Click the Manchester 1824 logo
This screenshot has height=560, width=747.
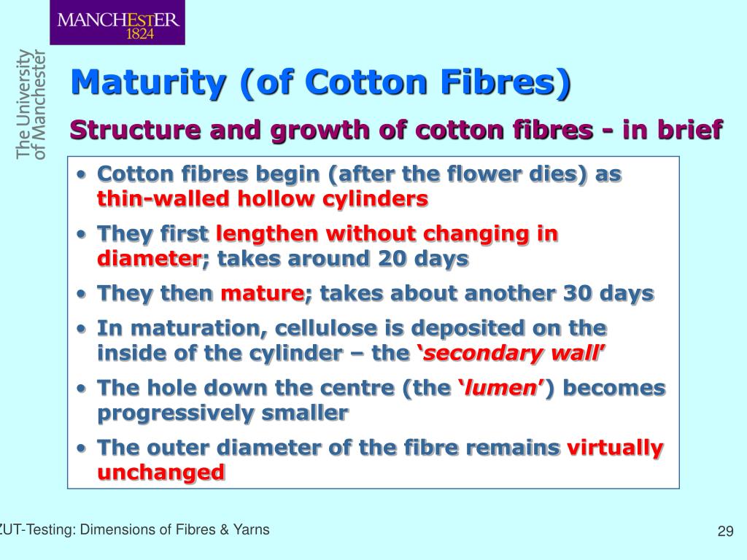[x=117, y=23]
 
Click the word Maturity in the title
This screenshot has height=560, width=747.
[x=147, y=82]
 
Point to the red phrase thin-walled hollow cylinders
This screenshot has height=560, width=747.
[x=263, y=199]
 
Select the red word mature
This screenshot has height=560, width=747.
[x=263, y=294]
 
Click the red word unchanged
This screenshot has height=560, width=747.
[x=160, y=472]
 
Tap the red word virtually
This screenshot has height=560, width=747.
[x=615, y=447]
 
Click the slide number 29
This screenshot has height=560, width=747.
[x=724, y=531]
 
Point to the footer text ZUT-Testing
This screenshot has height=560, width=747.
[x=36, y=530]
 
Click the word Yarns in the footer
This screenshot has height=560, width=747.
[x=250, y=530]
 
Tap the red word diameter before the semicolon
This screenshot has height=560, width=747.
[x=149, y=259]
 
